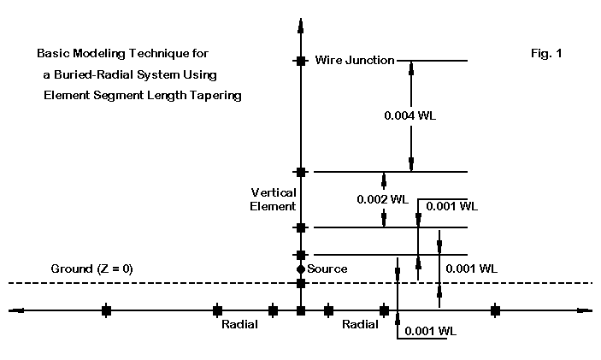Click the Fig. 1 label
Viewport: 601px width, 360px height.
pos(545,54)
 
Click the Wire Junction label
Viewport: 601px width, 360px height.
pos(354,60)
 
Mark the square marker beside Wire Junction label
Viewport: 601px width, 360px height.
pos(300,61)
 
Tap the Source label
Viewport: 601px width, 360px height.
pos(327,269)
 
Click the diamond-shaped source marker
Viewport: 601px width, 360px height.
pos(300,269)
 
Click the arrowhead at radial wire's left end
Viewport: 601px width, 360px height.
pos(15,310)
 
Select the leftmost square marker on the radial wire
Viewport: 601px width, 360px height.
pos(106,310)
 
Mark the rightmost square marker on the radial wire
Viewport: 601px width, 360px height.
pos(495,310)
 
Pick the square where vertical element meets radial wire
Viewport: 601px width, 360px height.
pos(300,310)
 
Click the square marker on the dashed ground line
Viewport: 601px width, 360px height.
pos(300,283)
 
